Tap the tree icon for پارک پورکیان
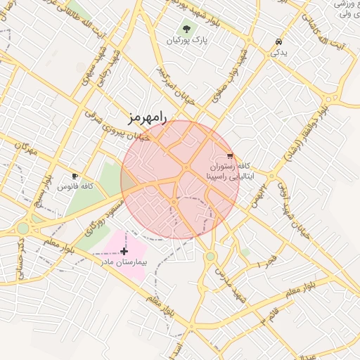186,29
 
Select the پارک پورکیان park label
186,41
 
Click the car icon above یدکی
279,41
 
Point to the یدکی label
279,53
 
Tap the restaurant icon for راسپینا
230,156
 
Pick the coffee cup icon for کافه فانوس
75,176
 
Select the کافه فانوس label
76,187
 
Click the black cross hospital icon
124,251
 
